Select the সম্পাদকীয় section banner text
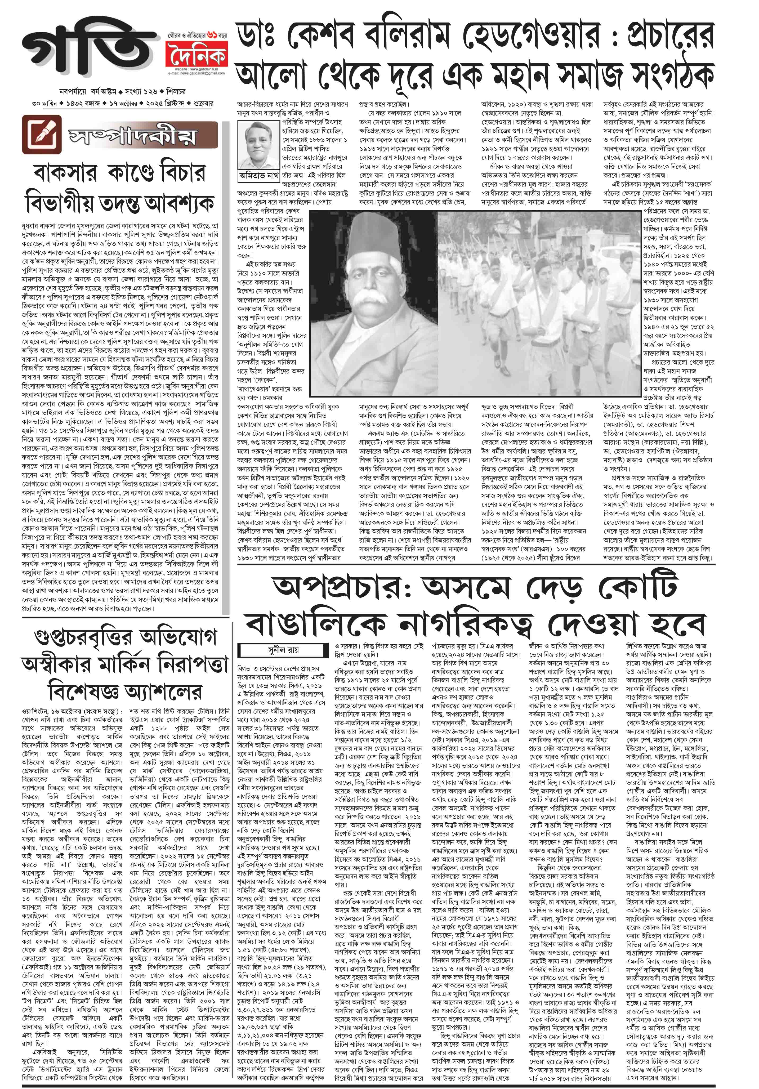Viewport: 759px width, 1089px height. pos(133,136)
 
